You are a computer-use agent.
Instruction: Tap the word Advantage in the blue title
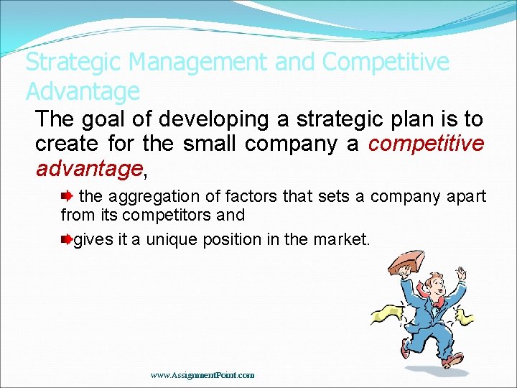83,92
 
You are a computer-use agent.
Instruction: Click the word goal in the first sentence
102,119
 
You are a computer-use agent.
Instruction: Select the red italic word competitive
426,144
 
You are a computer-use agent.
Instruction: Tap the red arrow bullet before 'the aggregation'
67,195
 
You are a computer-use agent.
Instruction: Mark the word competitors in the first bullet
156,215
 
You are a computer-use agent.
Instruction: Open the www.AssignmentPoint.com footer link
202,375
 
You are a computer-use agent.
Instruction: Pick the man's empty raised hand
461,273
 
